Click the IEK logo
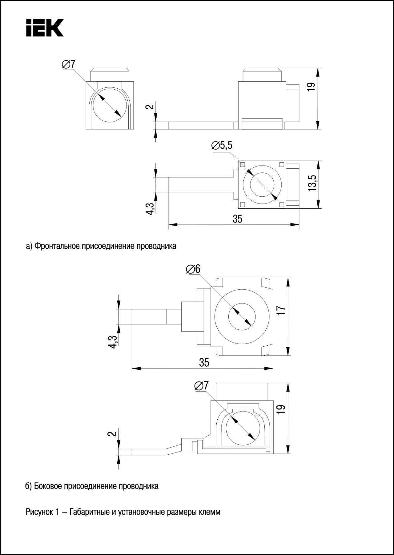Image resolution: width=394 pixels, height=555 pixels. click(x=45, y=28)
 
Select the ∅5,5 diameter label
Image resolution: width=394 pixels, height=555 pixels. click(x=222, y=145)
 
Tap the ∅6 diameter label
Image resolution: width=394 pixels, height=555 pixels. click(x=193, y=269)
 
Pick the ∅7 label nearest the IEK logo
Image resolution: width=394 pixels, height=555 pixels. click(x=68, y=64)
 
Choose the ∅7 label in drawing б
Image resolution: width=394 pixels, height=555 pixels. click(x=202, y=385)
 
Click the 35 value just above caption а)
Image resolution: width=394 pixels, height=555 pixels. click(x=237, y=219)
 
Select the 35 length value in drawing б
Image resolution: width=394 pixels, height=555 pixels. click(x=204, y=362)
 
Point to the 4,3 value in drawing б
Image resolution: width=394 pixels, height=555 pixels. click(x=113, y=342)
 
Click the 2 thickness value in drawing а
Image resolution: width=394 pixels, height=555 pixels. click(x=150, y=107)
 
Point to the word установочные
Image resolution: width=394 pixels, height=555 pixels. click(x=141, y=512)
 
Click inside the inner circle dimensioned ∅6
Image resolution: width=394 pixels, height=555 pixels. click(x=242, y=317)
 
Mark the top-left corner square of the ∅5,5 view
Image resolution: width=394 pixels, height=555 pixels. click(x=243, y=165)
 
